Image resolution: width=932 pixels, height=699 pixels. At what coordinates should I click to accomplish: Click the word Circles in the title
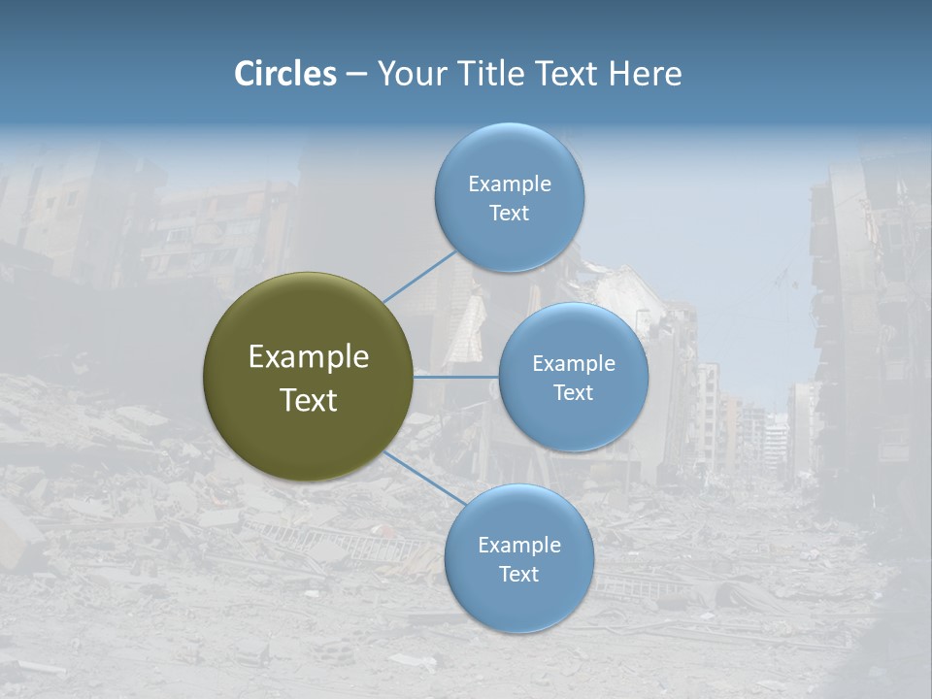coord(285,74)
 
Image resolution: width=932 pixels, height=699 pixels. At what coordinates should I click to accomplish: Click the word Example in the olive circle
coord(309,356)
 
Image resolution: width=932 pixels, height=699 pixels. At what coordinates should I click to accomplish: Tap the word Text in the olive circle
coord(309,400)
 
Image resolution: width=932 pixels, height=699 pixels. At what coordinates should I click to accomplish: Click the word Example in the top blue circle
coord(510,183)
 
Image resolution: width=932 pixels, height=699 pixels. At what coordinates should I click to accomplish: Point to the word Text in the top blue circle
coord(510,213)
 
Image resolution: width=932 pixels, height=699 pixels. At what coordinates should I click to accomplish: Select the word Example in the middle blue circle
coord(574,363)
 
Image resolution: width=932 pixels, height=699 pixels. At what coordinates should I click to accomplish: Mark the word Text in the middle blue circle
coord(574,392)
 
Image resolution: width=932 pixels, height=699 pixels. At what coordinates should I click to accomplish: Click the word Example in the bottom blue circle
coord(519,545)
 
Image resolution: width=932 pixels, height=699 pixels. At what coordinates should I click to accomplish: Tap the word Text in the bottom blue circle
coord(519,574)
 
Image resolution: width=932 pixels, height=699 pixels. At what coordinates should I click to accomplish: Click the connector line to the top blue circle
coord(419,277)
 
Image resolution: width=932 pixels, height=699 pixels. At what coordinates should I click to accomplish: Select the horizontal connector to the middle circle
coord(456,377)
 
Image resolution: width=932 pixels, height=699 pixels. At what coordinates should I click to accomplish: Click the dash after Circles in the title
coord(356,74)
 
